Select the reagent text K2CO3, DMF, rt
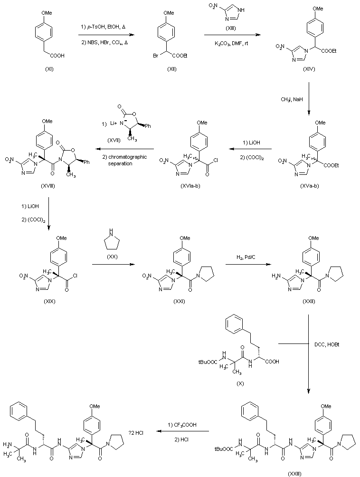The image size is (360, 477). pos(232,43)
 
